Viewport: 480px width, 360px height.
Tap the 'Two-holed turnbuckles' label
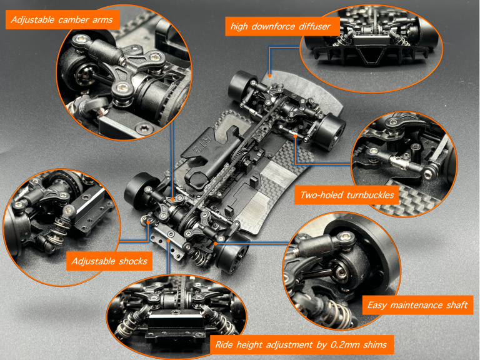pos(347,195)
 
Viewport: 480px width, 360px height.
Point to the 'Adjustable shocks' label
pos(109,261)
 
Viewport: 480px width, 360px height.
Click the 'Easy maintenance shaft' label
pos(416,305)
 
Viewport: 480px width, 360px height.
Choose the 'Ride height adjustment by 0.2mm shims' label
pos(301,344)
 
